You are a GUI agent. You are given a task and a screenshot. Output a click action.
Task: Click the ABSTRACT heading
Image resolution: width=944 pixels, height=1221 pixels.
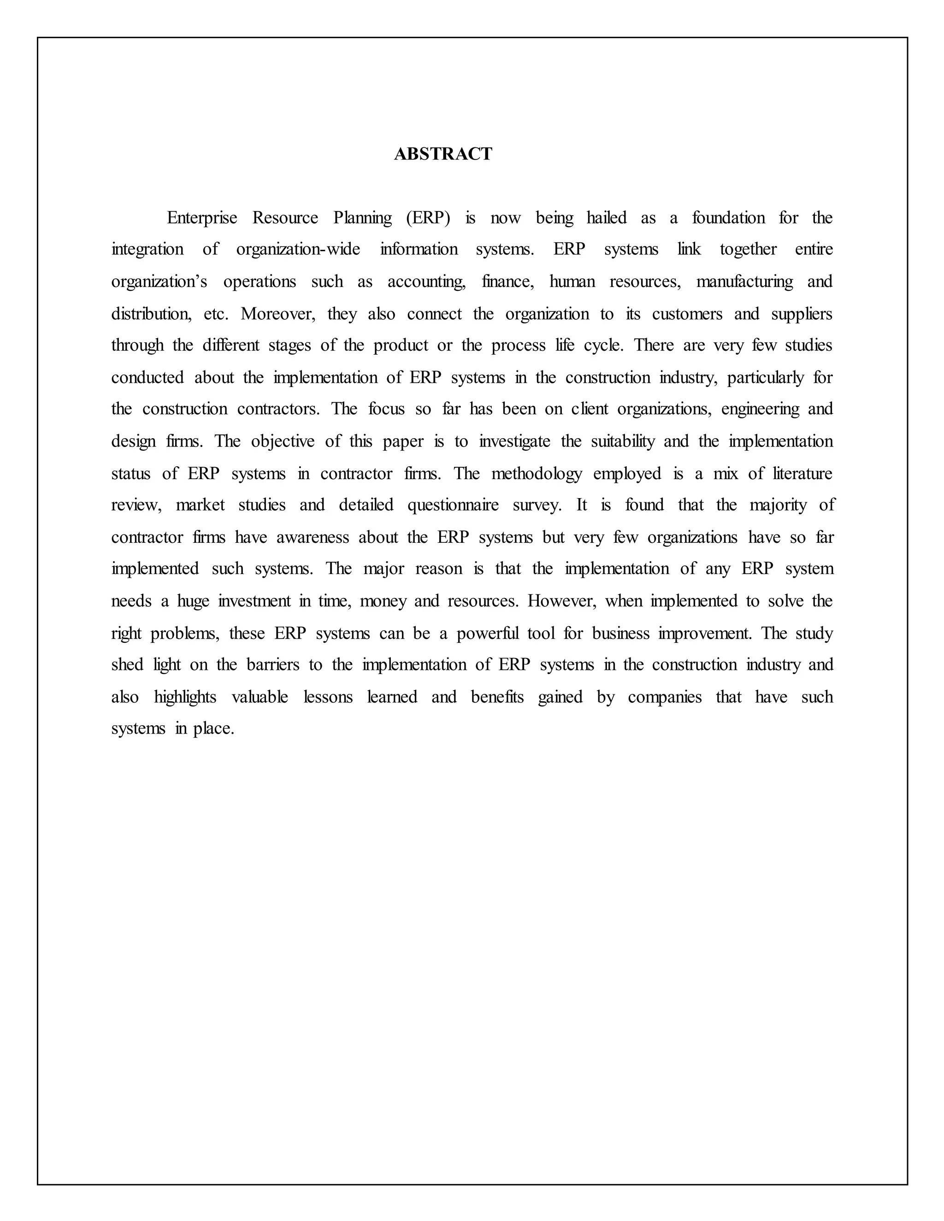(x=443, y=154)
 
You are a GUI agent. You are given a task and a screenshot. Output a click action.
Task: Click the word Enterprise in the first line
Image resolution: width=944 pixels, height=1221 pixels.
(x=202, y=217)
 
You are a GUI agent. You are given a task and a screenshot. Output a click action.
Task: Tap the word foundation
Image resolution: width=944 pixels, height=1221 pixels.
(x=728, y=217)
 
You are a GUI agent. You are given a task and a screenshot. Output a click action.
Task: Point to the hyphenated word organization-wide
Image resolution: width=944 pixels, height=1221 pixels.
(x=298, y=249)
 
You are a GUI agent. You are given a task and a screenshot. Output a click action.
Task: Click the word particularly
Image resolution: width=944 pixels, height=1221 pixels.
(x=765, y=378)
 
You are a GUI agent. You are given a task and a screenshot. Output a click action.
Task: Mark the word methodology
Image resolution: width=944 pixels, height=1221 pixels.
(x=537, y=474)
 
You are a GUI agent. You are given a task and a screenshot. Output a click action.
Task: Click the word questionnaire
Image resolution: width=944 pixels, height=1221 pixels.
(x=453, y=505)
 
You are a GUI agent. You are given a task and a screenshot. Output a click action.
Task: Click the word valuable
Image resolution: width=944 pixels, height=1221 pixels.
(x=260, y=697)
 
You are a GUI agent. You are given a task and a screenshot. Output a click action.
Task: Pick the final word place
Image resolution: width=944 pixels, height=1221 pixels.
(x=213, y=729)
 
